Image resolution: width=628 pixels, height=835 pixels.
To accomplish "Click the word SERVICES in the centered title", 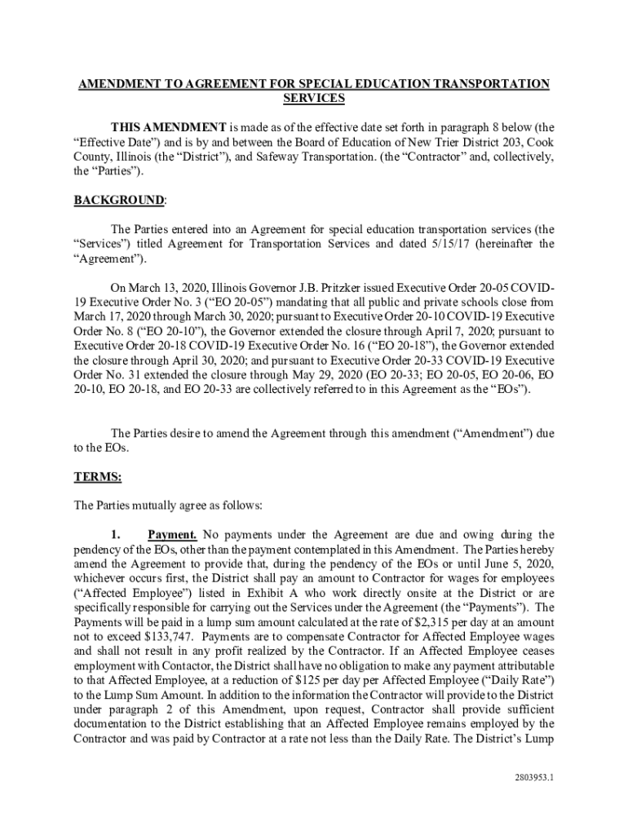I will tap(313, 99).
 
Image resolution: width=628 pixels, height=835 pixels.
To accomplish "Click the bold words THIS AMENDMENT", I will tap(169, 127).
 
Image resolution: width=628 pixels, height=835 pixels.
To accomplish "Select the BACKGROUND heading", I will tap(119, 200).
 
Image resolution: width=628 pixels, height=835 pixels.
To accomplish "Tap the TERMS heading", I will tap(98, 477).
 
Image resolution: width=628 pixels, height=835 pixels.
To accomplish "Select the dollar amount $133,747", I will tap(164, 636).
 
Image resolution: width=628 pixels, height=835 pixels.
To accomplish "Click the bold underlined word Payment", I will tap(172, 535).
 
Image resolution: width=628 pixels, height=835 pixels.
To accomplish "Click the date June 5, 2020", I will tap(515, 564).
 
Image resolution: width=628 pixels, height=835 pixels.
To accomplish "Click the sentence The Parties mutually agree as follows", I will tap(167, 506).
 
